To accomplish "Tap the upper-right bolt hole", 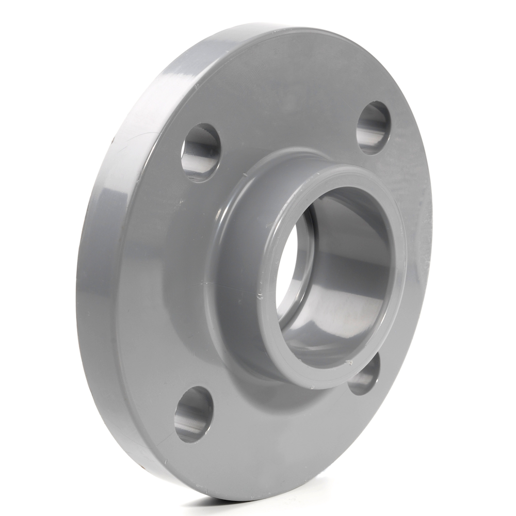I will pyautogui.click(x=374, y=127).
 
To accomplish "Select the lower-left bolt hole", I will pyautogui.click(x=193, y=414).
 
